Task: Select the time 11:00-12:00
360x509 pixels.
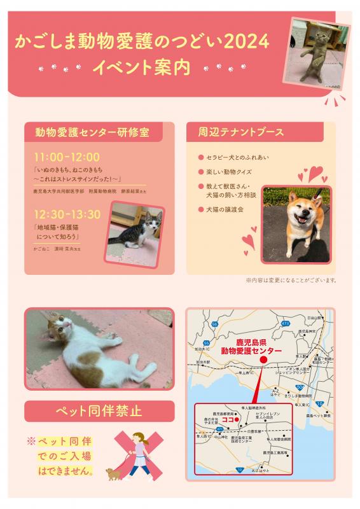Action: tap(67, 157)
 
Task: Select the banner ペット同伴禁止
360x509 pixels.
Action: tap(99, 410)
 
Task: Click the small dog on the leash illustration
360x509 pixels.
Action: tap(114, 473)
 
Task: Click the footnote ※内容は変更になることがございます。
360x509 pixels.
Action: tap(290, 279)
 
